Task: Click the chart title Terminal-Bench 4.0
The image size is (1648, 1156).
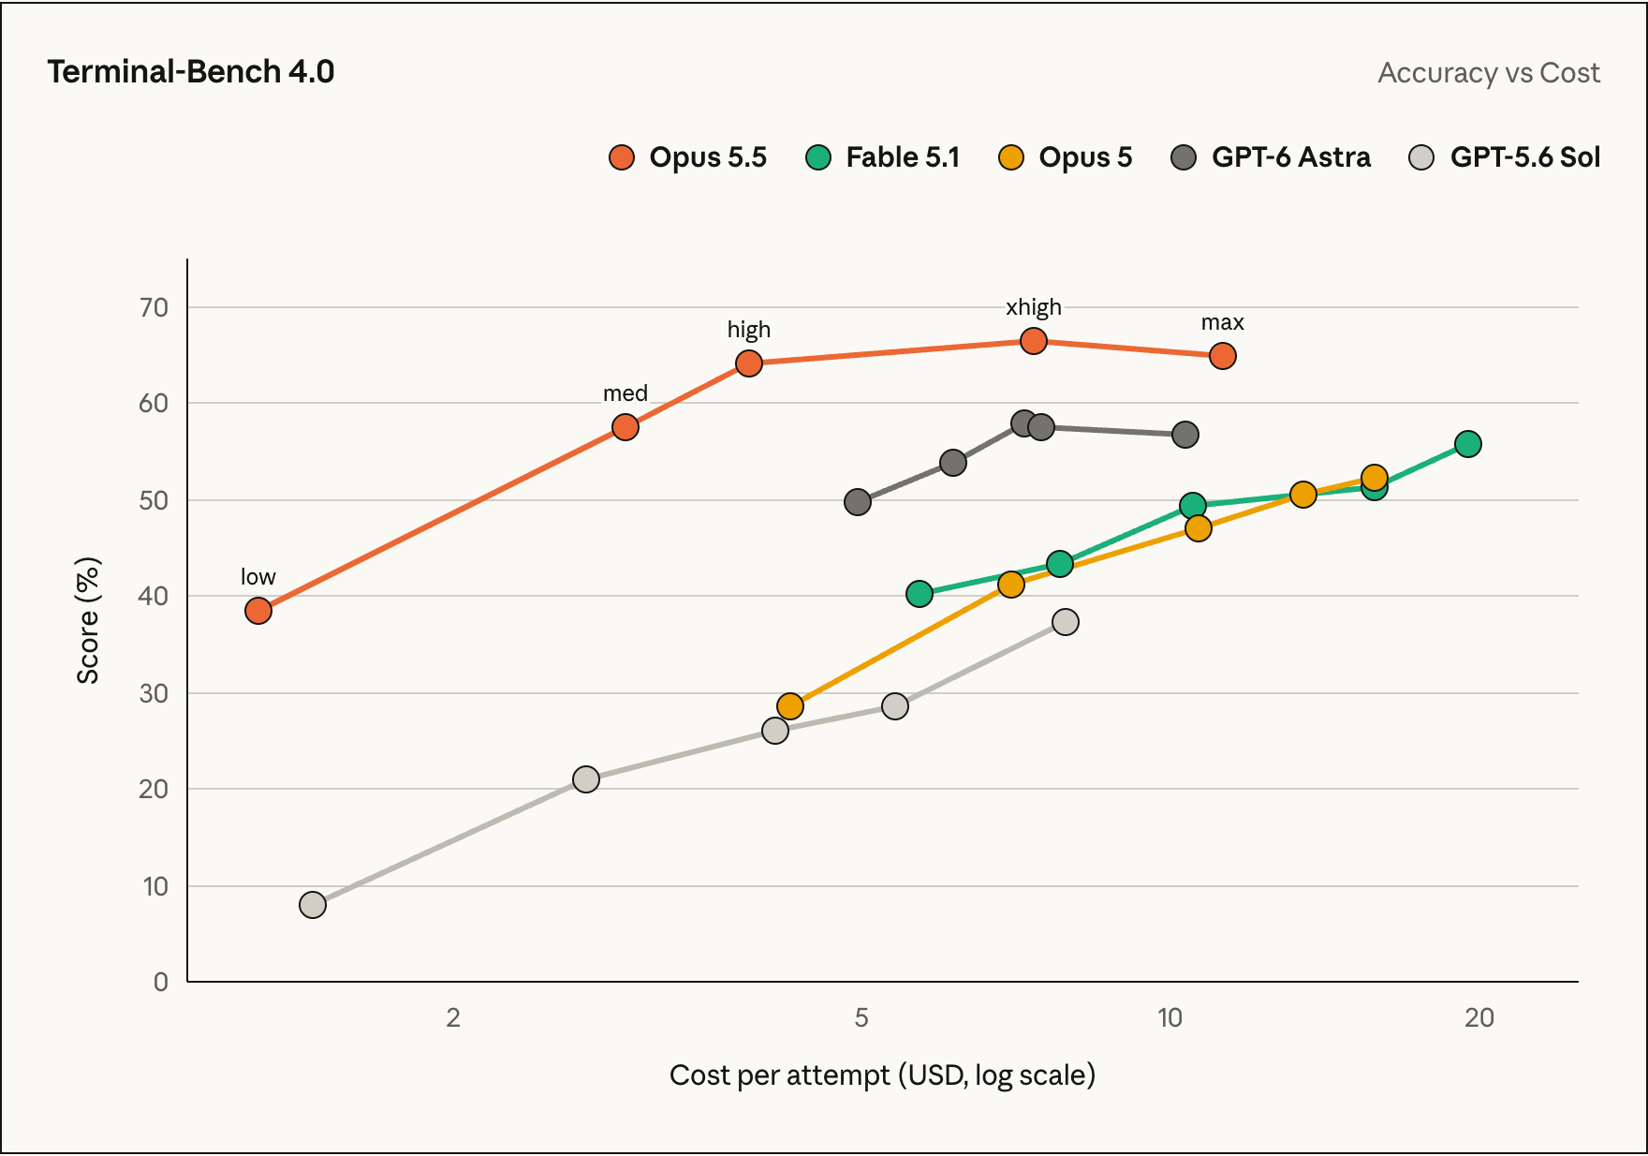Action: click(191, 72)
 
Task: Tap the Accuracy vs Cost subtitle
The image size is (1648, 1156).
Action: click(1489, 73)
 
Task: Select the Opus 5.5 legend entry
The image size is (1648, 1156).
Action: click(687, 157)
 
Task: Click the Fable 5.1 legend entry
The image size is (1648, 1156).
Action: click(883, 157)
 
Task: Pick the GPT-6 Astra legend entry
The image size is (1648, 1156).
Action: click(1271, 157)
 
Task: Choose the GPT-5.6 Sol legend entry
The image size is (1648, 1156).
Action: click(1505, 157)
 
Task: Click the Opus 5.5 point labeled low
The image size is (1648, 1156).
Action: click(258, 611)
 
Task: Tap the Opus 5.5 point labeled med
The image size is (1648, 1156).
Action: click(625, 427)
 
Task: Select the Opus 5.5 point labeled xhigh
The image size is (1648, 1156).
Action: click(1034, 341)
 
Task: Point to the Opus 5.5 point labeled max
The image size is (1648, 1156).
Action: click(1223, 356)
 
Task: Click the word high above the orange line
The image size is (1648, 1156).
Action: click(749, 330)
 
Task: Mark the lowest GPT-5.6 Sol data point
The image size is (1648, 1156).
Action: click(313, 905)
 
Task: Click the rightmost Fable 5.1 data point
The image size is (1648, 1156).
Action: click(1468, 444)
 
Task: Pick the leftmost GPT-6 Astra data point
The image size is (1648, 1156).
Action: click(858, 502)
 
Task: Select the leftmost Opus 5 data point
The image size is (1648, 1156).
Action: click(790, 706)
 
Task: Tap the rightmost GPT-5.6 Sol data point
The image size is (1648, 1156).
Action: click(1066, 622)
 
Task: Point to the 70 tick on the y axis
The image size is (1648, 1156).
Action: click(154, 307)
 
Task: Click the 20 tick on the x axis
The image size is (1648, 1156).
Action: click(1479, 1017)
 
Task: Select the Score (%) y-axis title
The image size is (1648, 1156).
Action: click(88, 620)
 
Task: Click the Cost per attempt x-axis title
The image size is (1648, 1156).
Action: click(882, 1075)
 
